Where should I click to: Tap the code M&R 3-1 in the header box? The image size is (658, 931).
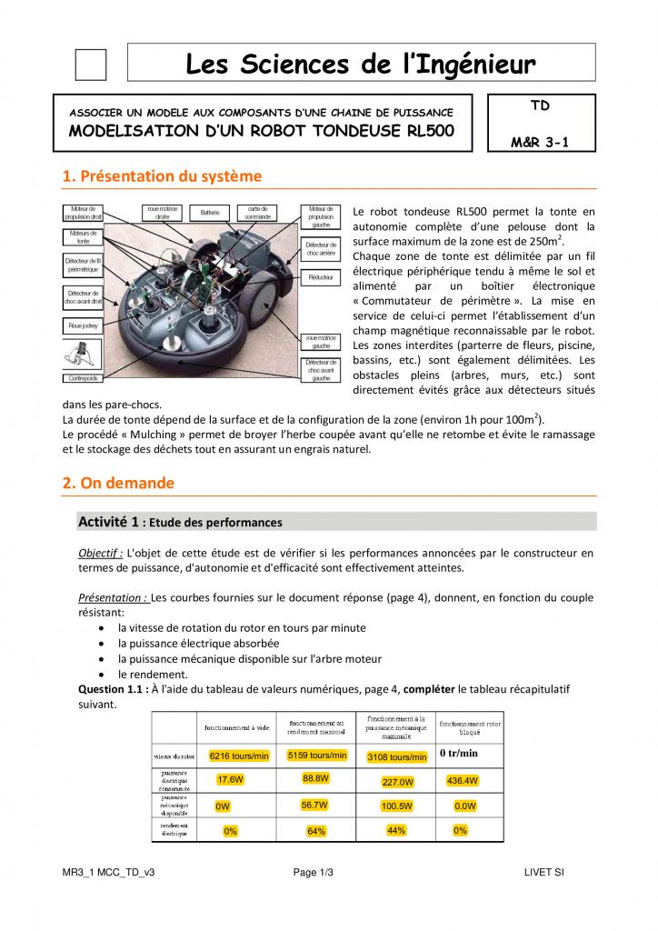point(540,142)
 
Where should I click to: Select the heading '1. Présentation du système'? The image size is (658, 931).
point(162,176)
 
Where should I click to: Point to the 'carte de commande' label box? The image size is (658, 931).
point(257,214)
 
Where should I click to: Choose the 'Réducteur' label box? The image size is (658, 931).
point(320,275)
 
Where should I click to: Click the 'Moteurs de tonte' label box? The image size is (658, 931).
point(83,237)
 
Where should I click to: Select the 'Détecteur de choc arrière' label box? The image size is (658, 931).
point(320,249)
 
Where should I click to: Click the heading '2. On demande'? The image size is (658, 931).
point(118,484)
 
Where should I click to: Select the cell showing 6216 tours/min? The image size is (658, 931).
point(239,756)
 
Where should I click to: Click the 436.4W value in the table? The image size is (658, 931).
point(463,781)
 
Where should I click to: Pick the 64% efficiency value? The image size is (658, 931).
point(316,831)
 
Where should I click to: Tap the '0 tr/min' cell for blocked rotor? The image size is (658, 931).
point(459,754)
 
